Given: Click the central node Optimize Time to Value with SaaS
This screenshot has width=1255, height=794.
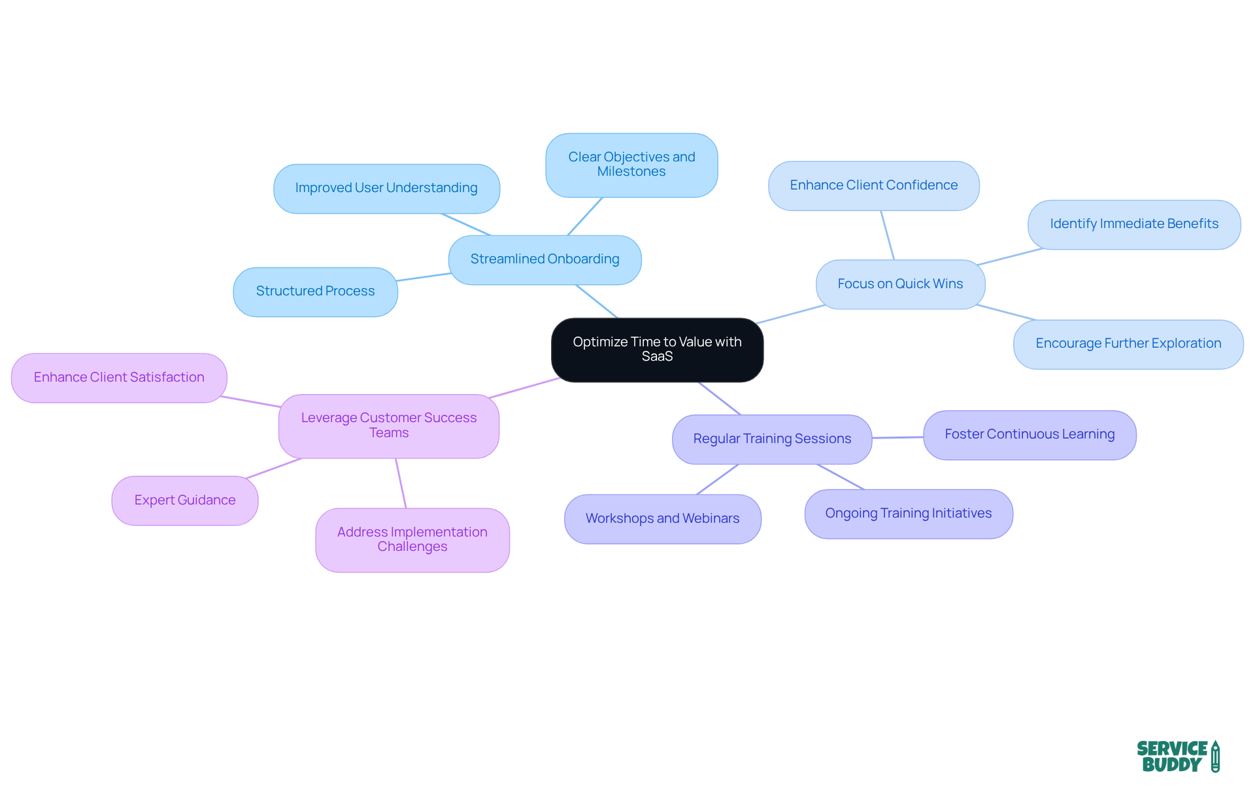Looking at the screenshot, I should [657, 350].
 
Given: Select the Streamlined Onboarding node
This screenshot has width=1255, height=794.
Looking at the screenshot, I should [544, 259].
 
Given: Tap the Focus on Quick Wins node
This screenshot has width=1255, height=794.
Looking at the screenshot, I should [900, 284].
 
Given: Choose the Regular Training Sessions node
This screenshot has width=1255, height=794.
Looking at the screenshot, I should [772, 439].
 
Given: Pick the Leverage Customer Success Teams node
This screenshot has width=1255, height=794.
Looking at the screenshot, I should [389, 425].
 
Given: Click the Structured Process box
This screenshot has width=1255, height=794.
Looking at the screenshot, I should [315, 291].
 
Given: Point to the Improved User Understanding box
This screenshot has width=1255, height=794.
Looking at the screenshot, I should [386, 188].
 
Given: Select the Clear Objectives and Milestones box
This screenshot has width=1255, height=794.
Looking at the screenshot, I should [631, 165].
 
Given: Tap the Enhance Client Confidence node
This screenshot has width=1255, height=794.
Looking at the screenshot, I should [873, 186].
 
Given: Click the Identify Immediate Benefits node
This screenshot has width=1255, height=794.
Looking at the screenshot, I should [1134, 224].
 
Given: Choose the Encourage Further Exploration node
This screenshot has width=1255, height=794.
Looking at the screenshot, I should [1128, 344].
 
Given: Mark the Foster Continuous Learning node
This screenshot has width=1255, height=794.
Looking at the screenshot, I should [1029, 435].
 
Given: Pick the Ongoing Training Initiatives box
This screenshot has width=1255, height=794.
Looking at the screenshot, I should [909, 514].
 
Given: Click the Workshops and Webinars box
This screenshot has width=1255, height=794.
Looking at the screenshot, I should [662, 519].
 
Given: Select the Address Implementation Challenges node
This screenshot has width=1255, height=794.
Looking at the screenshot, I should [412, 540].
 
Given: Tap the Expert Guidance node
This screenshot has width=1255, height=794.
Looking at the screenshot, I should [185, 501].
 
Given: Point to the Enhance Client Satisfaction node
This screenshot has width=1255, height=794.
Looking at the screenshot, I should [119, 378].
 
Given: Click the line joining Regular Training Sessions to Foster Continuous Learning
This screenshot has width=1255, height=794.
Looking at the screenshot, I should [897, 437].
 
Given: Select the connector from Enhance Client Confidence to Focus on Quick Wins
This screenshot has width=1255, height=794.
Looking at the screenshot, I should [887, 235].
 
